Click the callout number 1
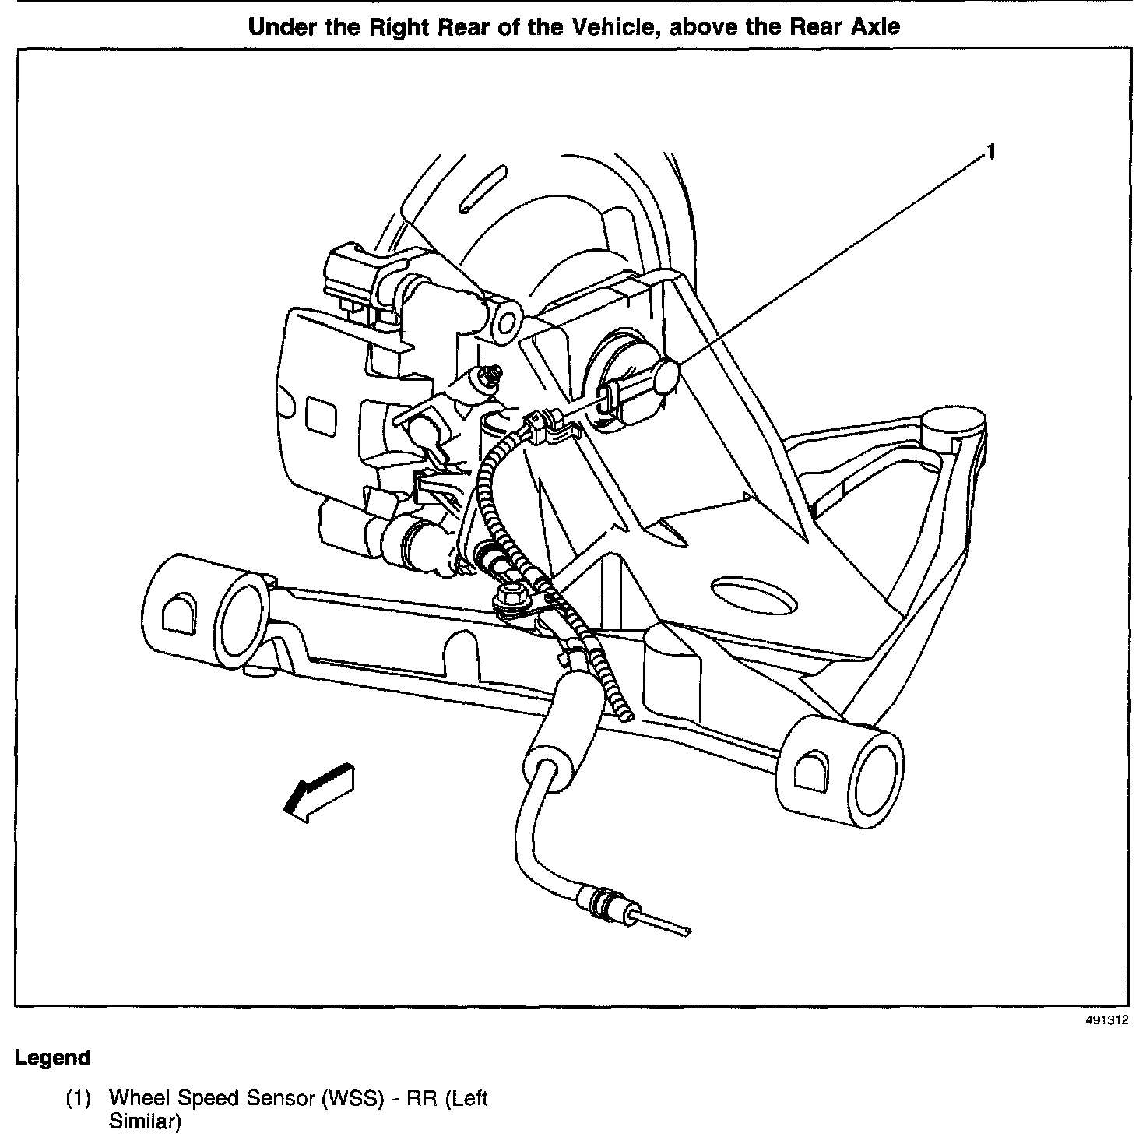tap(991, 153)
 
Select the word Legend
tap(52, 1058)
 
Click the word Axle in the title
tap(874, 26)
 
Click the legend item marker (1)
tap(78, 1099)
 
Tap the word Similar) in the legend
tap(145, 1123)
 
